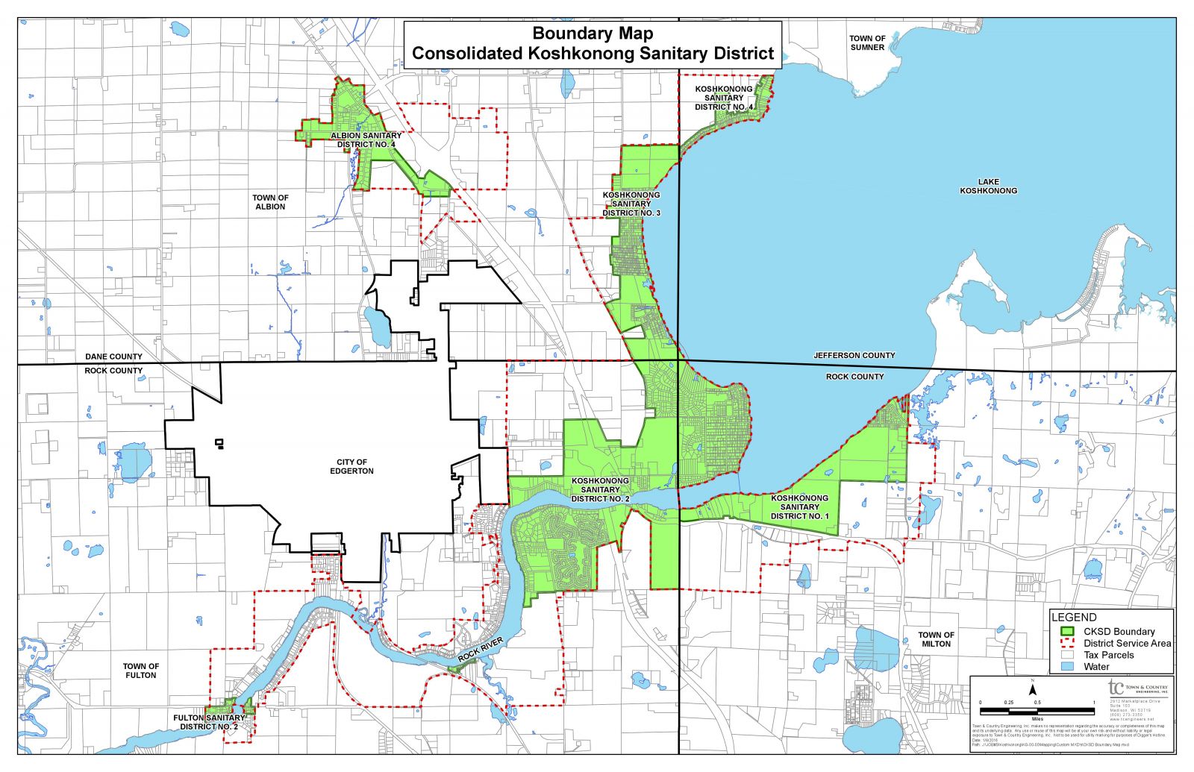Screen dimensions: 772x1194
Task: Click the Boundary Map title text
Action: pos(593,34)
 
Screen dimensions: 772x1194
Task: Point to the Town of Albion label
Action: pos(270,202)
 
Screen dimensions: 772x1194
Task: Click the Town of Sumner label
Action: pos(867,43)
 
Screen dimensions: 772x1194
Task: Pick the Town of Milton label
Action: pos(936,639)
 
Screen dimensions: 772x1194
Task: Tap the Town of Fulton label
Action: pos(141,671)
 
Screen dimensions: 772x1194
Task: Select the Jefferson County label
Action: pos(854,356)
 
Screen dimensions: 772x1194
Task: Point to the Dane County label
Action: pos(113,357)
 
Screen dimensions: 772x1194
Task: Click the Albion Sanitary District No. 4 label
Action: pos(366,140)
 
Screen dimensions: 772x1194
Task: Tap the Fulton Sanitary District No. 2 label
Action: pos(210,722)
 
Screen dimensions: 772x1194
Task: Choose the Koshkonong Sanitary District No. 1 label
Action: pos(799,507)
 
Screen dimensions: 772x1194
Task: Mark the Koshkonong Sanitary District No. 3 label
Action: pos(631,204)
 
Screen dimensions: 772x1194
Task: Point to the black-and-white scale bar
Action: pos(1037,710)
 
